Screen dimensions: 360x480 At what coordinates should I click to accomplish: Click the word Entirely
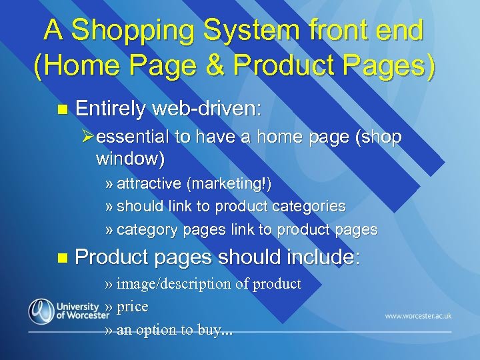110,109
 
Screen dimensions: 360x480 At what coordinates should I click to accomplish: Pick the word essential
132,137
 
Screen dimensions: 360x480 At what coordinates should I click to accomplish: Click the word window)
130,159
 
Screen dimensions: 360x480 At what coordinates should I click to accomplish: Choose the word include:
323,257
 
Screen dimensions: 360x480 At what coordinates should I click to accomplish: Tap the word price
132,307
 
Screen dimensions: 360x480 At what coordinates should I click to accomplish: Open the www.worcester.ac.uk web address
418,316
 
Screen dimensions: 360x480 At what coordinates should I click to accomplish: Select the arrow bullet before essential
87,137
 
